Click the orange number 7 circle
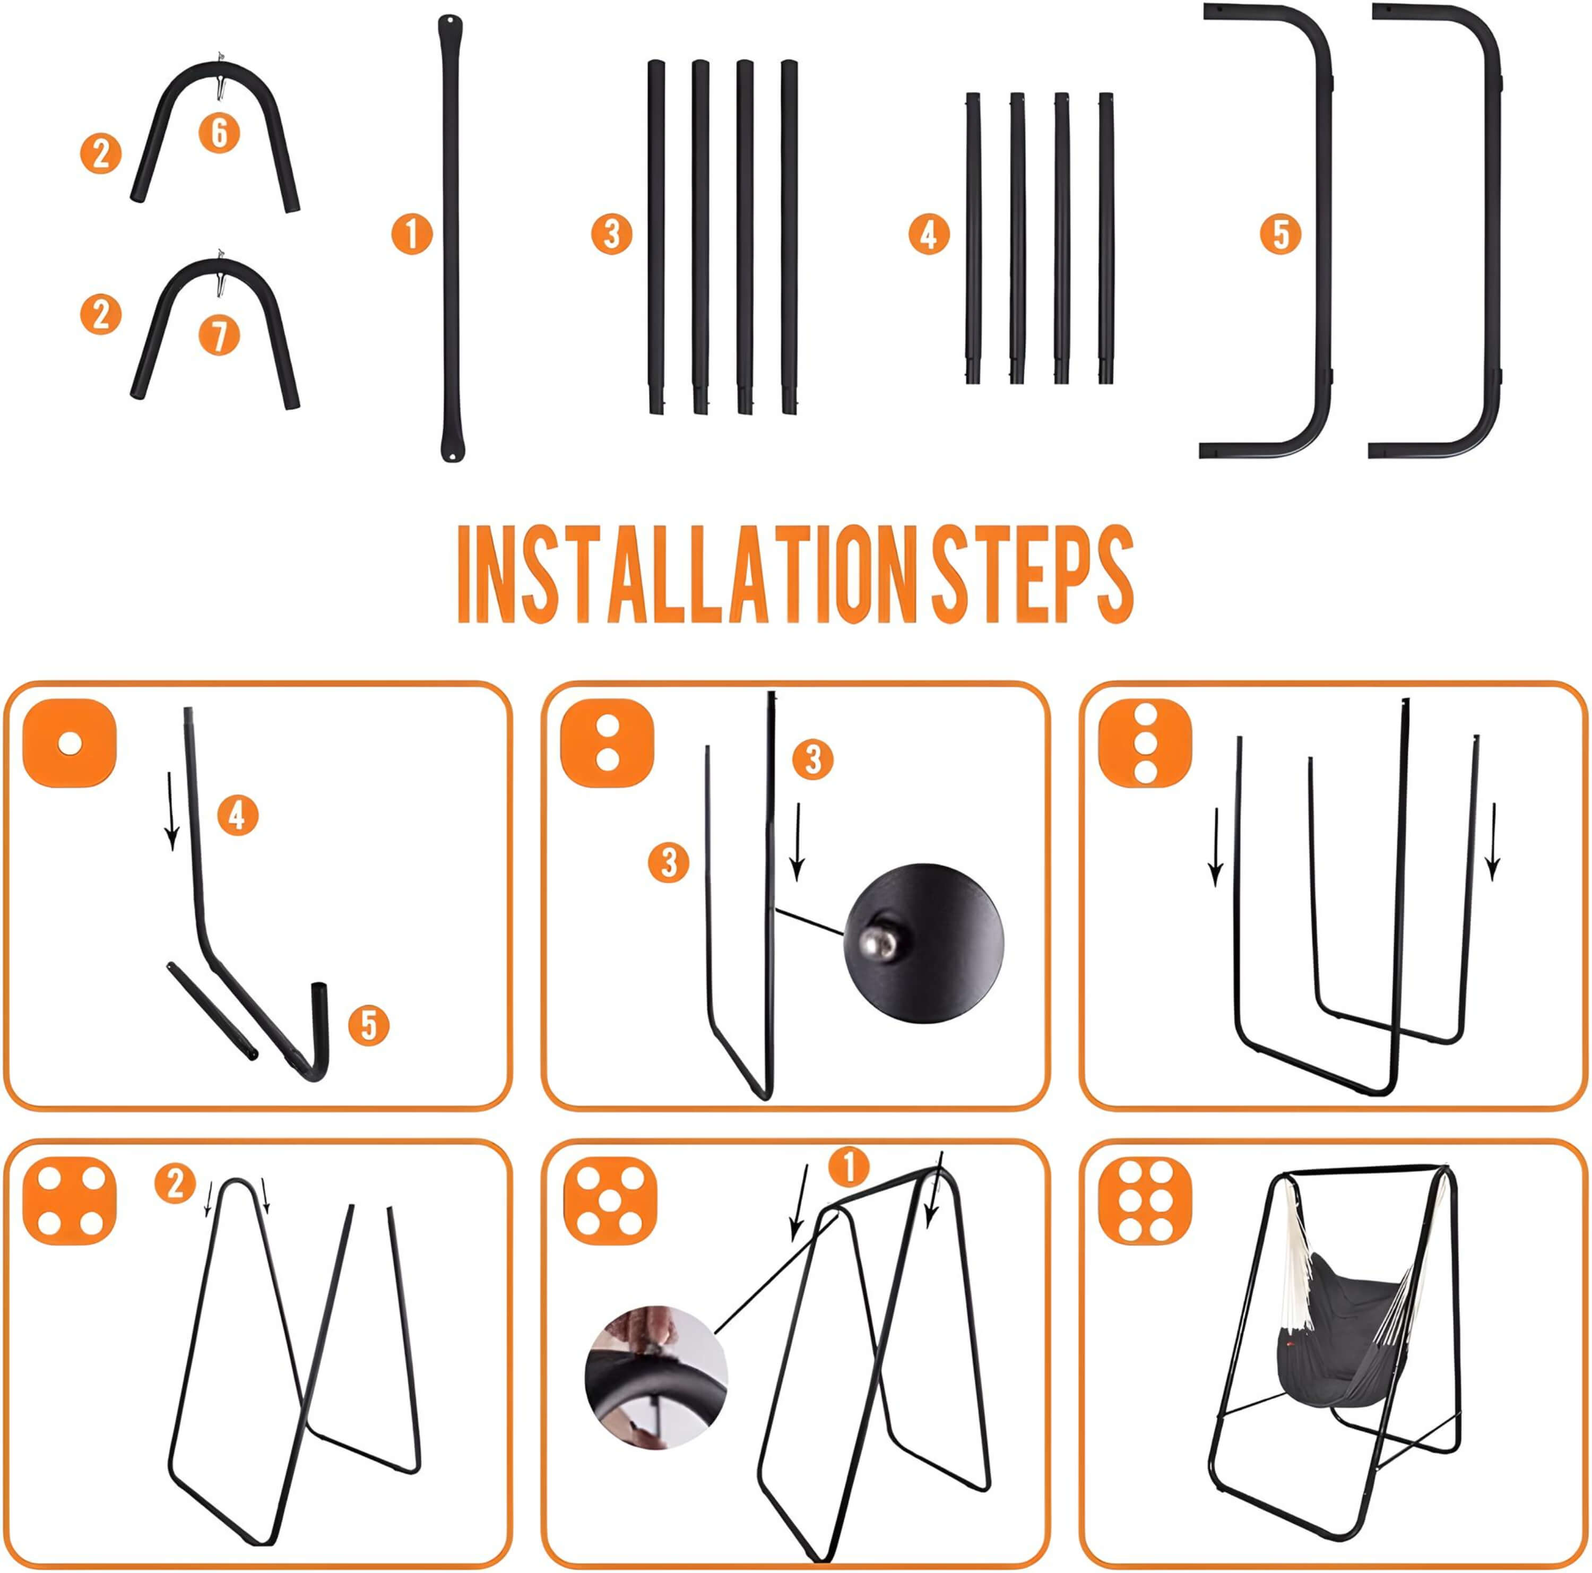[x=219, y=336]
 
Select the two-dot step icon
[x=607, y=743]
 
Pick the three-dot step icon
[x=1145, y=743]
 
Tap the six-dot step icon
[x=1145, y=1203]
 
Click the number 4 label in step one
[x=237, y=816]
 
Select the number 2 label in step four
[x=175, y=1184]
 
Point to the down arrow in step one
[x=171, y=811]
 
